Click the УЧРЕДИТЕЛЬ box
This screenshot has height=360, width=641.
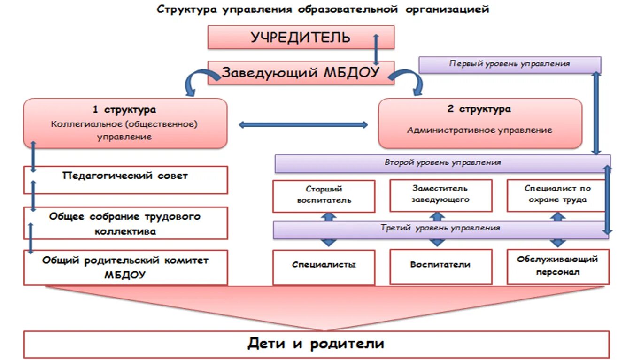click(301, 38)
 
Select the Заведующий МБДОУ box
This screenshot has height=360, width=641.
click(301, 73)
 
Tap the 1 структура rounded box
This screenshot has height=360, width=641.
click(125, 123)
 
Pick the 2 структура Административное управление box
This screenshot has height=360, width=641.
click(480, 123)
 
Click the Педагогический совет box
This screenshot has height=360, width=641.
click(125, 180)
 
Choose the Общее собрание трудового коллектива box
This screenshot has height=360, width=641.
click(125, 223)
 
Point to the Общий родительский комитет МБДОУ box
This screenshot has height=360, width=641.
click(125, 268)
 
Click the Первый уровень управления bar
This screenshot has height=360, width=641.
click(510, 64)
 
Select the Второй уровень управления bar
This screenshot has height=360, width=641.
click(442, 163)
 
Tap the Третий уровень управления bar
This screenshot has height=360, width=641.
click(440, 229)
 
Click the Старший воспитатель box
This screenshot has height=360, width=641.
click(324, 195)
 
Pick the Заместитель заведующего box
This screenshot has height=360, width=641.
click(440, 195)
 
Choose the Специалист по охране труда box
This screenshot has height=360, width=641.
click(557, 195)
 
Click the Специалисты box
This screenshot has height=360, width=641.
click(324, 267)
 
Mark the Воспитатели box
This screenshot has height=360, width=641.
click(440, 267)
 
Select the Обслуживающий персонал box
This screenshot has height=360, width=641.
click(557, 267)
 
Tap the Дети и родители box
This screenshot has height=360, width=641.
click(316, 344)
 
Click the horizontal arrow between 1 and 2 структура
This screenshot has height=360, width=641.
click(303, 125)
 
